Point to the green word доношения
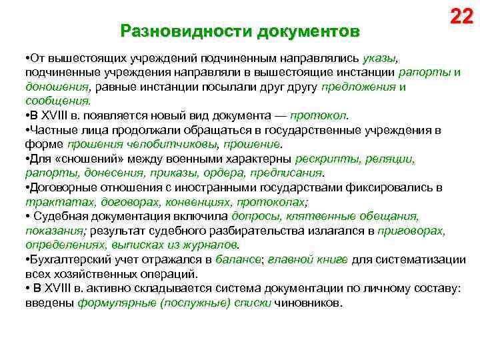click(57, 87)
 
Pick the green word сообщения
click(57, 101)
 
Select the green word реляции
click(391, 159)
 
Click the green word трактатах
click(59, 201)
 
